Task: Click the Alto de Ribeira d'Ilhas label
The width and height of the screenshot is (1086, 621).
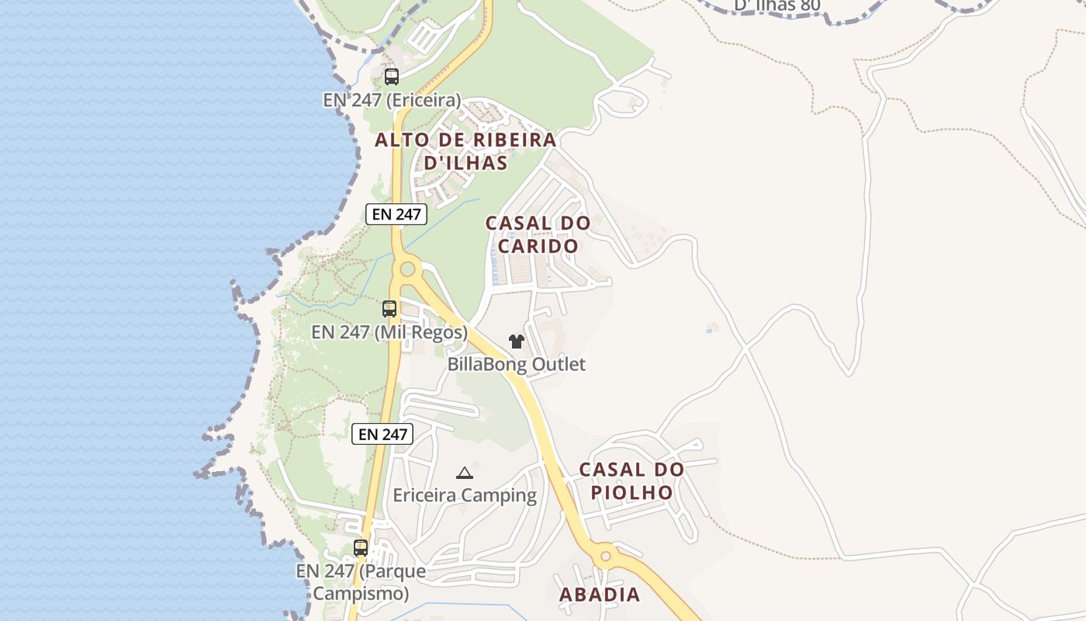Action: [465, 151]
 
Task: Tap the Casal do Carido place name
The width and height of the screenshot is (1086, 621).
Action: [538, 234]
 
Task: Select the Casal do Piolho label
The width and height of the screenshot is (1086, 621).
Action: [631, 481]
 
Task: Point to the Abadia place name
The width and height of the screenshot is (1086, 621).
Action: [600, 595]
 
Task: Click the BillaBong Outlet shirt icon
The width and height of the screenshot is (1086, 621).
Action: [517, 341]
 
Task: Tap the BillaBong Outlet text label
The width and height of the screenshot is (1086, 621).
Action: [517, 364]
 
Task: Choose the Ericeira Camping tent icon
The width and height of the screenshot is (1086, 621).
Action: [464, 473]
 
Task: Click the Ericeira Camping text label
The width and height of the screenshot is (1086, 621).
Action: [465, 495]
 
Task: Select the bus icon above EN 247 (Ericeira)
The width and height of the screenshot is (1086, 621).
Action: [392, 77]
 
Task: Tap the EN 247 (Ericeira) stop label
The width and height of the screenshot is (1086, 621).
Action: [392, 100]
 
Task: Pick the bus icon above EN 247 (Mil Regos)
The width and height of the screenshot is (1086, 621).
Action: [389, 309]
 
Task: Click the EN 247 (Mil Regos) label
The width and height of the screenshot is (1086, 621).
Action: [389, 332]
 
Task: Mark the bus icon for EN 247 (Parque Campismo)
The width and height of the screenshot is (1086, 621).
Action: [361, 548]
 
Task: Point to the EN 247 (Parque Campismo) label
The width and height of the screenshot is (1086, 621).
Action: [361, 582]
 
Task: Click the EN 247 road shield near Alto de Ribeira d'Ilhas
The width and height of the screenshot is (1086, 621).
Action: [396, 214]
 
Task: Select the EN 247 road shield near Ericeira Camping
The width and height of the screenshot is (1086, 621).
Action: [382, 434]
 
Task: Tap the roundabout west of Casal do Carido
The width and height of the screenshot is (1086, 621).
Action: [406, 270]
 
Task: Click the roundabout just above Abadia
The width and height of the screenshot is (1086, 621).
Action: [605, 556]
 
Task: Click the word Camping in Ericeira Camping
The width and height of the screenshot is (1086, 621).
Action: [501, 495]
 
